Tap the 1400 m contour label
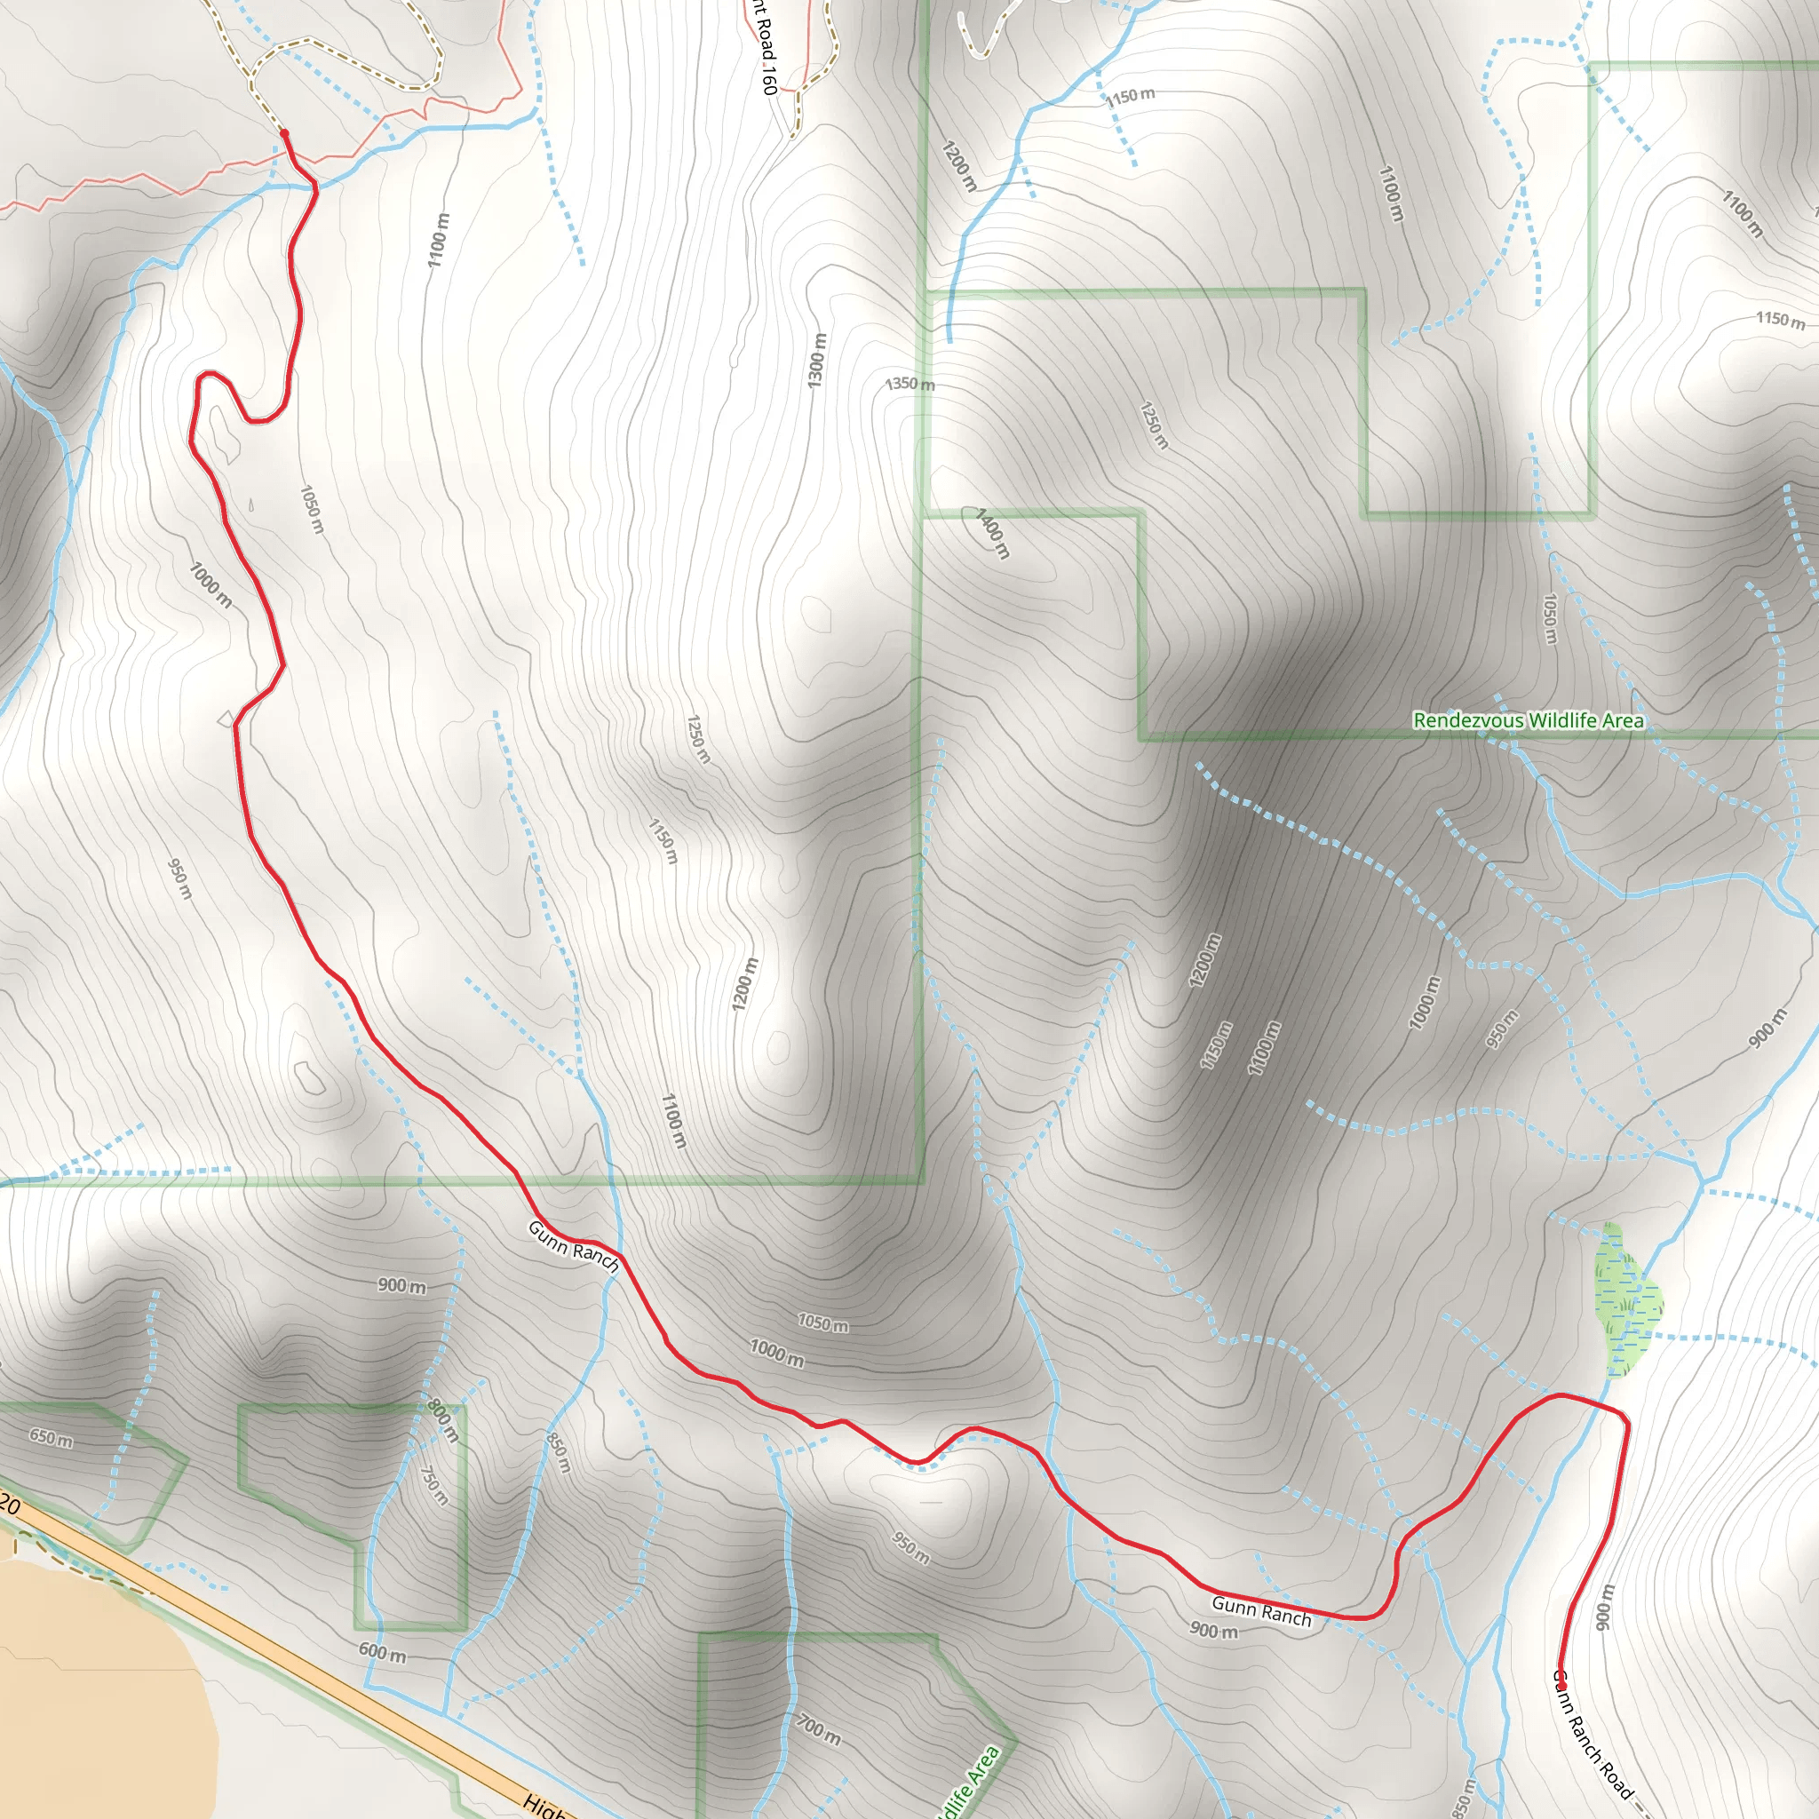[992, 534]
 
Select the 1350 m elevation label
[909, 384]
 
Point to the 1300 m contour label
[816, 360]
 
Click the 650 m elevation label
[50, 1438]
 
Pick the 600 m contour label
[382, 1653]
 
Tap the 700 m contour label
[818, 1729]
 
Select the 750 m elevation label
[433, 1485]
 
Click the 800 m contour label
[443, 1422]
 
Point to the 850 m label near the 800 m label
[559, 1453]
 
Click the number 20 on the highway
[10, 1505]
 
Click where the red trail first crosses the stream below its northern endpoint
[314, 188]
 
